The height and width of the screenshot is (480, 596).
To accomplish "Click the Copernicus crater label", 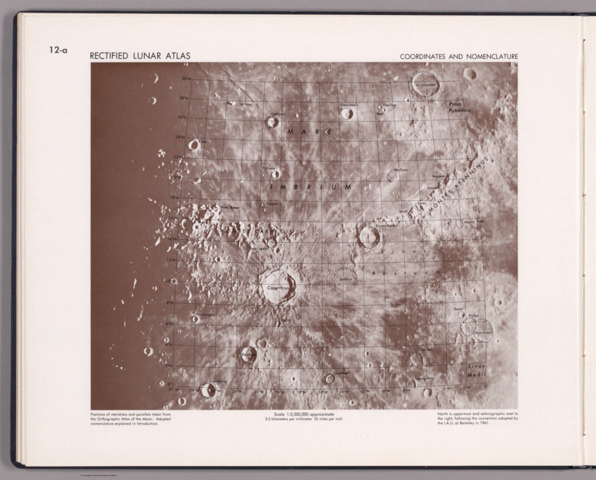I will tap(278, 288).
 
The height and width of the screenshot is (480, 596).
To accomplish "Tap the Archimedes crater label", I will tap(426, 85).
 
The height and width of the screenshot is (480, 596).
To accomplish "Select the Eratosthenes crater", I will tap(369, 236).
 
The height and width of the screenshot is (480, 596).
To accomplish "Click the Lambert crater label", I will tap(278, 114).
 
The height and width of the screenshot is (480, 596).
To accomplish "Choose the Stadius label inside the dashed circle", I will tap(345, 279).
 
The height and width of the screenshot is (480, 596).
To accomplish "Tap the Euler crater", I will tap(193, 146).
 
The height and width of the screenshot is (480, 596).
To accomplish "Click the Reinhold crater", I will tap(248, 355).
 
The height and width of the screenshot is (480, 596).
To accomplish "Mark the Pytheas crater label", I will tap(269, 168).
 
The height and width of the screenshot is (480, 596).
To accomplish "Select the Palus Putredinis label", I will tap(459, 107).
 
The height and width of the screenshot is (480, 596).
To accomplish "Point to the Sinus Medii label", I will tap(476, 370).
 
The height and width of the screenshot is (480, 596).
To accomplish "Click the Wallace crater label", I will tap(401, 170).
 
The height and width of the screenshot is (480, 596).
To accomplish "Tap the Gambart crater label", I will tap(341, 373).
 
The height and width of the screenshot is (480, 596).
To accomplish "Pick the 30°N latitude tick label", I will tap(186, 79).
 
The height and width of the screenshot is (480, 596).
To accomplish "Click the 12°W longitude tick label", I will tap(364, 391).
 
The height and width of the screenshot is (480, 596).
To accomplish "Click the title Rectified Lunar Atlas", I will tap(140, 56).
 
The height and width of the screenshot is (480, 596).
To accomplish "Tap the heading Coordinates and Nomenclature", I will tap(459, 57).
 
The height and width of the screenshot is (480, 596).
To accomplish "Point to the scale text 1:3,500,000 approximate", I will tap(303, 414).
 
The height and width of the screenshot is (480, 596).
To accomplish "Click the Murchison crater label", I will tap(483, 333).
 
